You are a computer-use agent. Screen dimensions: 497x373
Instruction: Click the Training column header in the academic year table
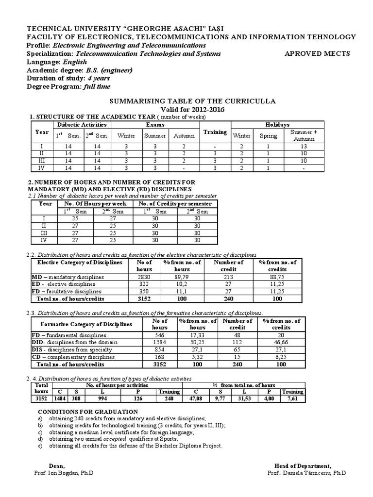point(215,132)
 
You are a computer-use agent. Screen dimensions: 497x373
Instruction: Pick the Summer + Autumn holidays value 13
point(304,146)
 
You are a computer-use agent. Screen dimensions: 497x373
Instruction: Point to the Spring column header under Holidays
point(268,136)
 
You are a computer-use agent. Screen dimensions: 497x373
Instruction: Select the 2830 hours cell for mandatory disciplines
point(144,277)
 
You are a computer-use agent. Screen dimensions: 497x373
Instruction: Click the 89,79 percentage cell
point(182,277)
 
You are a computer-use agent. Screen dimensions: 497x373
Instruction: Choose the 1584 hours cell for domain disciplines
point(160,342)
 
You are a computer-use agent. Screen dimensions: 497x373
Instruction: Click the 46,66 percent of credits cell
point(281,342)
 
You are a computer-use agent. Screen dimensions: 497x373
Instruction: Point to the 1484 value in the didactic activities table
point(60,399)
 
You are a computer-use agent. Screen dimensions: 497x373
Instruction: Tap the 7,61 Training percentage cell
point(293,399)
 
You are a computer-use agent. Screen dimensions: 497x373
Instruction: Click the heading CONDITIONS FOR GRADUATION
point(88,412)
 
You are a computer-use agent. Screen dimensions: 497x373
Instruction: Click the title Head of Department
point(303,466)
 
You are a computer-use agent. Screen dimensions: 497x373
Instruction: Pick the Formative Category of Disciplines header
point(86,324)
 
